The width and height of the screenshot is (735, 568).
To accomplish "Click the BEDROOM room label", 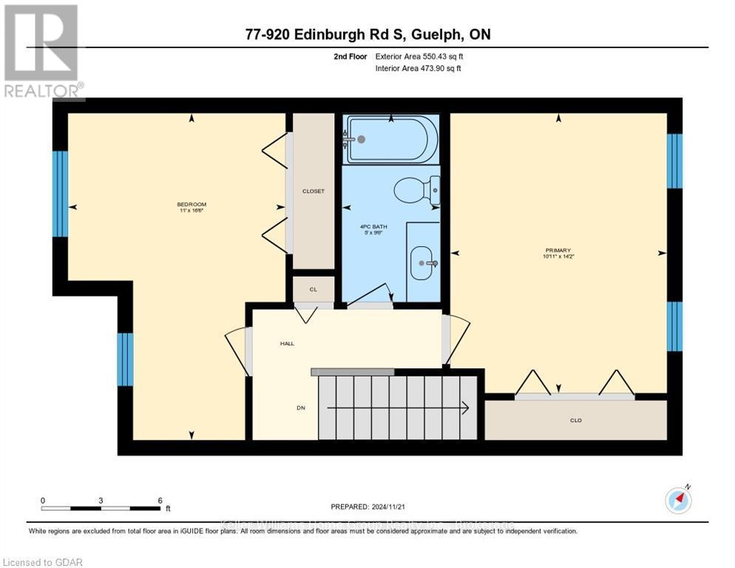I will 191,204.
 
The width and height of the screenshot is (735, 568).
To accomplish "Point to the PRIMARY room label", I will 558,250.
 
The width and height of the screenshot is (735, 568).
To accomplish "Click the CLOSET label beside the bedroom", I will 314,191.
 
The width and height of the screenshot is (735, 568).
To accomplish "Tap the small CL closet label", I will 314,290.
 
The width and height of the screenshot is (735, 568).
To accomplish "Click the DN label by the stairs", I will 301,408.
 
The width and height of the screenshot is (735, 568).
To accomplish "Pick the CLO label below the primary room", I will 576,420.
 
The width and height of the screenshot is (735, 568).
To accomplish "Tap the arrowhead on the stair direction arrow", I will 464,408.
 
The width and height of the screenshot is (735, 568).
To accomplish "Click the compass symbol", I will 679,500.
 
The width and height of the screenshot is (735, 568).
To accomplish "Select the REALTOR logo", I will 42,52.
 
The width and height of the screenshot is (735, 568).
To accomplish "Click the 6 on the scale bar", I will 160,500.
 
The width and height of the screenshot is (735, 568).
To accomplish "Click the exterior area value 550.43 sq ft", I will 440,56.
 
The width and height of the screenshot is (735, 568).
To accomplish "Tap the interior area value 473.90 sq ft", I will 440,69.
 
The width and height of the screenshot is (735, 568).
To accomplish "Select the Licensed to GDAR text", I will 42,562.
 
